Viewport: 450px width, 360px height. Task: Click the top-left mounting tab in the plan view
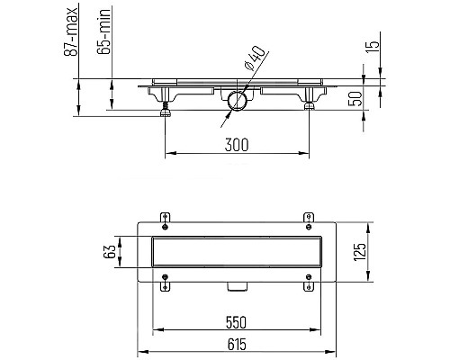pos(165,217)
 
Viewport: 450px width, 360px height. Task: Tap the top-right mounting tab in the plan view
pos(309,217)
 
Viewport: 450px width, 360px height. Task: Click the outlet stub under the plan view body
pos(238,287)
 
